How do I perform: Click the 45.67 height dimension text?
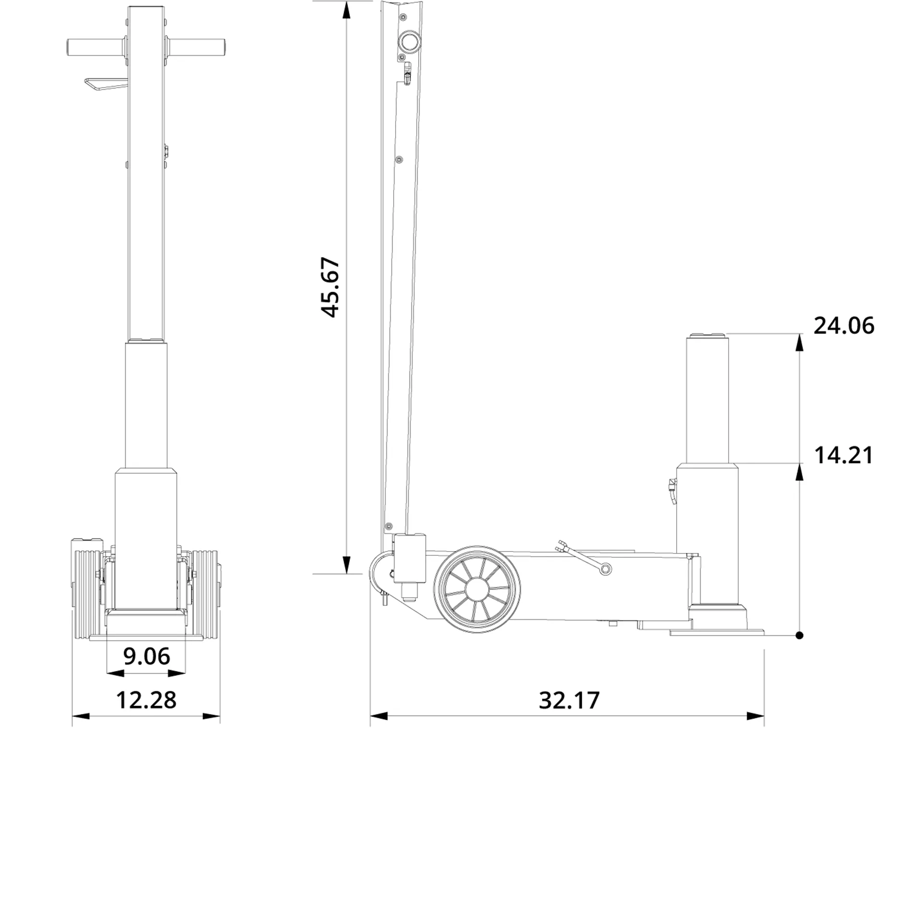coord(331,288)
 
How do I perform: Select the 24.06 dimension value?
coord(843,326)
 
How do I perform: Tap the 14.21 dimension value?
coord(843,455)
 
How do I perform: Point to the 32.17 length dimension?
coord(569,701)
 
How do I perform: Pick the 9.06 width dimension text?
coord(146,656)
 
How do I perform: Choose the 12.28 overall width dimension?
coord(146,700)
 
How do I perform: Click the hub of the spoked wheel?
coord(476,590)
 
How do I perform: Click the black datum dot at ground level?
coord(799,635)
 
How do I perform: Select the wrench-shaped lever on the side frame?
coord(583,558)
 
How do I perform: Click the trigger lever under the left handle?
coord(103,84)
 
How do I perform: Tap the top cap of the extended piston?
coord(707,335)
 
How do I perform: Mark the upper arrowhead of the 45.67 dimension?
coord(346,11)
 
